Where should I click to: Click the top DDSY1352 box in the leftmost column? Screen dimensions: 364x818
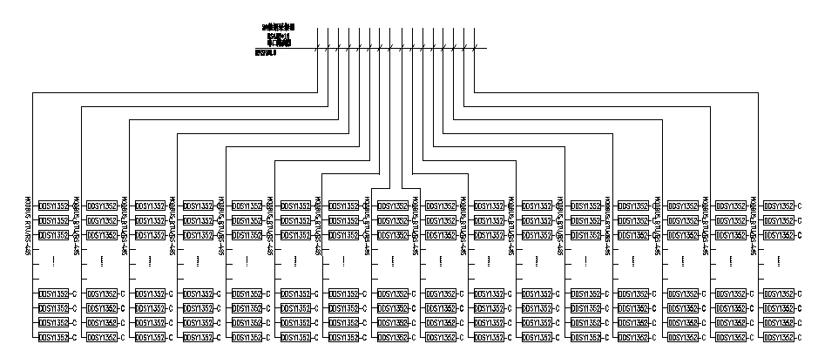point(53,206)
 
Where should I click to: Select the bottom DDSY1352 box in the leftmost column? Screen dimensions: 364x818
point(53,337)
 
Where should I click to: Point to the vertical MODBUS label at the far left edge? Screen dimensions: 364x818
point(29,227)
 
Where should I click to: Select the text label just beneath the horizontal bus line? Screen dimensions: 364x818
point(266,53)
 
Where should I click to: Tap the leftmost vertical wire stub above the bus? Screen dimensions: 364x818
point(316,37)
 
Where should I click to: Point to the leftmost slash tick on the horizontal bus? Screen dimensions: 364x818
point(316,48)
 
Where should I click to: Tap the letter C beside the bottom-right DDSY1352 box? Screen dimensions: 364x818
point(801,337)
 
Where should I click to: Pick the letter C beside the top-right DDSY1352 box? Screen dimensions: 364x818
point(801,206)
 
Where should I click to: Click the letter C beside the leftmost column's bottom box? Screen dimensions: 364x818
point(76,337)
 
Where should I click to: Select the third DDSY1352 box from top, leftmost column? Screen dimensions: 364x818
point(53,235)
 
